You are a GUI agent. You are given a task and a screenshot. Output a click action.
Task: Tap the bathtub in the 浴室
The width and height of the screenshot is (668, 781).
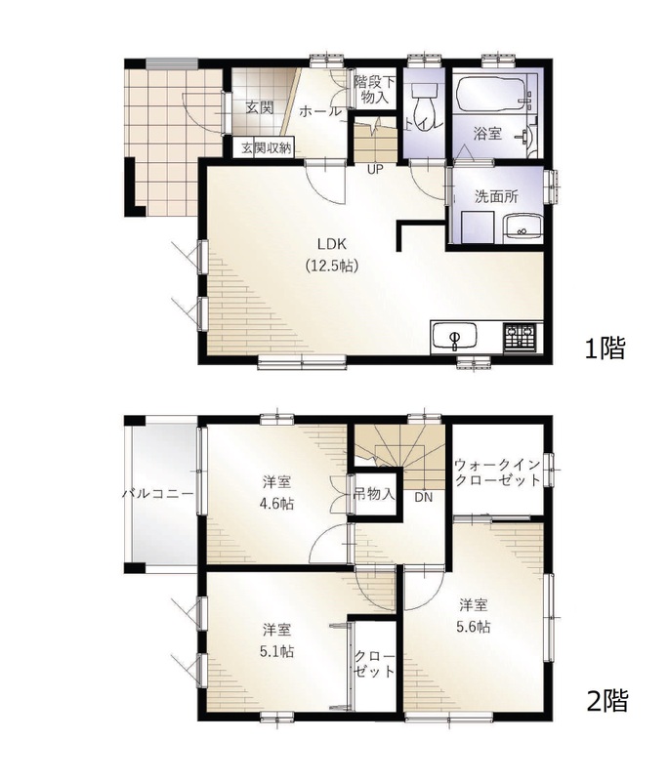491,94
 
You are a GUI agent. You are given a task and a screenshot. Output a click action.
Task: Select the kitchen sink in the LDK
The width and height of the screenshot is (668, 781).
454,337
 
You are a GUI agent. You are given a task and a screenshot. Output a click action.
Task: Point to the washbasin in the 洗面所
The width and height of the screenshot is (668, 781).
522,228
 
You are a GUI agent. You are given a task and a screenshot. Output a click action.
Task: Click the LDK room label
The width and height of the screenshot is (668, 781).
332,244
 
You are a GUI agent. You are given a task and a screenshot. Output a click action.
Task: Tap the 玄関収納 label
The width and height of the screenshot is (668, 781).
266,148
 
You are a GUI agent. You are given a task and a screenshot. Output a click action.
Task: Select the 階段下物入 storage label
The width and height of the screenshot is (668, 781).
375,90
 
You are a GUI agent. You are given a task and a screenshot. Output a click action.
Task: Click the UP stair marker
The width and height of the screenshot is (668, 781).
375,169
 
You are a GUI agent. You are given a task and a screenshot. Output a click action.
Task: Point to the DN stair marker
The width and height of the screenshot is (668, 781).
424,497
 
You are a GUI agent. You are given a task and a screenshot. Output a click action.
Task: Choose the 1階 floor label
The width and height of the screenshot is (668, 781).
605,349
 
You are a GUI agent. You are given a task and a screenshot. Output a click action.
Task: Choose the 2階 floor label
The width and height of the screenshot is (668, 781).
606,700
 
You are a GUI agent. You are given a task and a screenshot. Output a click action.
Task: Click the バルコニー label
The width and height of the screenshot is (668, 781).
158,494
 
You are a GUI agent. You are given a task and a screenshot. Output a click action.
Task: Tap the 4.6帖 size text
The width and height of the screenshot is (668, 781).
277,503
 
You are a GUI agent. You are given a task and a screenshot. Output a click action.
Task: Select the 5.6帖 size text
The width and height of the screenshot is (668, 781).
474,626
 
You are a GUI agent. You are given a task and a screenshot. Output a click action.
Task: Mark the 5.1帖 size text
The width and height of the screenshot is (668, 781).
277,651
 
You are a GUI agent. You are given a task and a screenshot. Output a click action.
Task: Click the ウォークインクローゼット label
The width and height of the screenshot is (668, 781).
498,473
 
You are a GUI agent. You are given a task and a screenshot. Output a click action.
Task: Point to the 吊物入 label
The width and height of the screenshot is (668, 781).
374,494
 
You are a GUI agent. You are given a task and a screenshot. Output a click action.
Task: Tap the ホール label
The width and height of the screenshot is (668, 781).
320,112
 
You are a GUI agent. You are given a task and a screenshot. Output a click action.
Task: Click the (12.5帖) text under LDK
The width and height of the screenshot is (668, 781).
332,266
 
